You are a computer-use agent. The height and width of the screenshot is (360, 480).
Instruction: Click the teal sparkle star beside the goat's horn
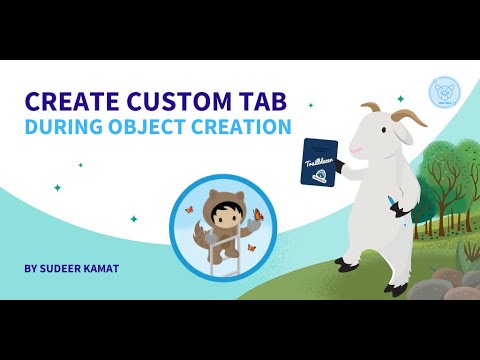(400, 99)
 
